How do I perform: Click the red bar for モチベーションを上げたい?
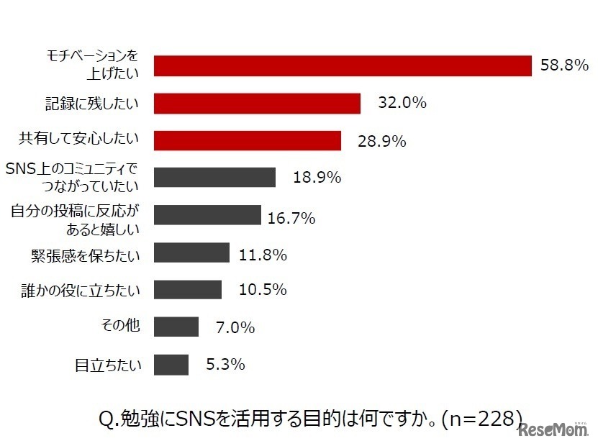pyautogui.click(x=343, y=65)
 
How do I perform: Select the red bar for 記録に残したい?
pyautogui.click(x=257, y=103)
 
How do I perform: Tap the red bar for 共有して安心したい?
pyautogui.click(x=248, y=140)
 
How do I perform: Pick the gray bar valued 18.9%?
pyautogui.click(x=214, y=177)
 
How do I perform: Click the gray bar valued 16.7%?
pyautogui.click(x=207, y=215)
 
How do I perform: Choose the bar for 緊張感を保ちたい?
pyautogui.click(x=191, y=252)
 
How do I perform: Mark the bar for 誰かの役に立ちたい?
pyautogui.click(x=188, y=289)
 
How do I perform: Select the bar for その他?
pyautogui.click(x=176, y=327)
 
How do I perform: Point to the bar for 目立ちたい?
pyautogui.click(x=171, y=365)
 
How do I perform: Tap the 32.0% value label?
pyautogui.click(x=403, y=103)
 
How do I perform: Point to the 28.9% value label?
pyautogui.click(x=382, y=141)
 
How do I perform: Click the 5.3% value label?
pyautogui.click(x=225, y=365)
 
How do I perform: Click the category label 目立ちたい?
pyautogui.click(x=108, y=365)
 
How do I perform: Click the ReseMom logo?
pyautogui.click(x=553, y=430)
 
